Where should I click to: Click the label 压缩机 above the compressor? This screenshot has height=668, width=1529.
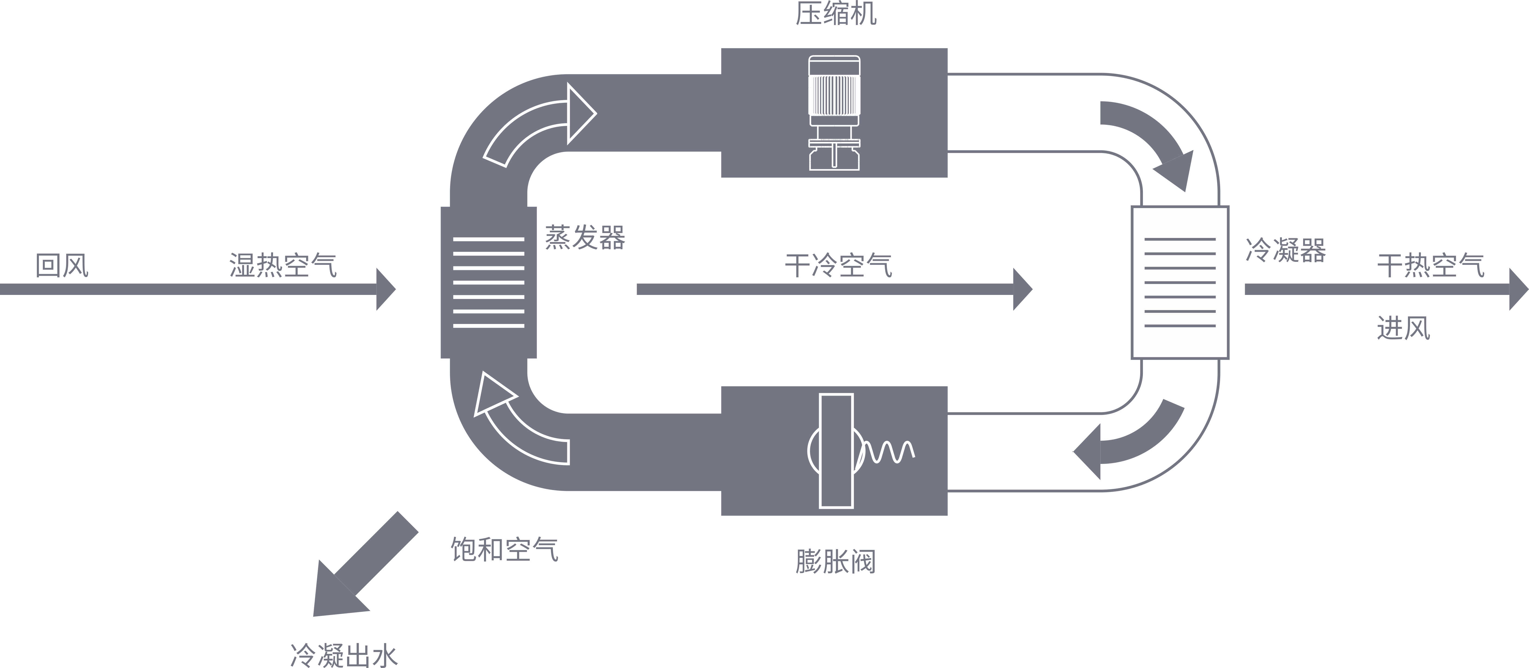(836, 14)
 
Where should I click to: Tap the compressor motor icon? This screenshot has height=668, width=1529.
(834, 113)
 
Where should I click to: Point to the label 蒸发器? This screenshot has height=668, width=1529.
(585, 237)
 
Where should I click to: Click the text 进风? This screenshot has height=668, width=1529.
(1403, 328)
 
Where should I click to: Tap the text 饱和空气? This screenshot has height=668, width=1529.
(505, 550)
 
